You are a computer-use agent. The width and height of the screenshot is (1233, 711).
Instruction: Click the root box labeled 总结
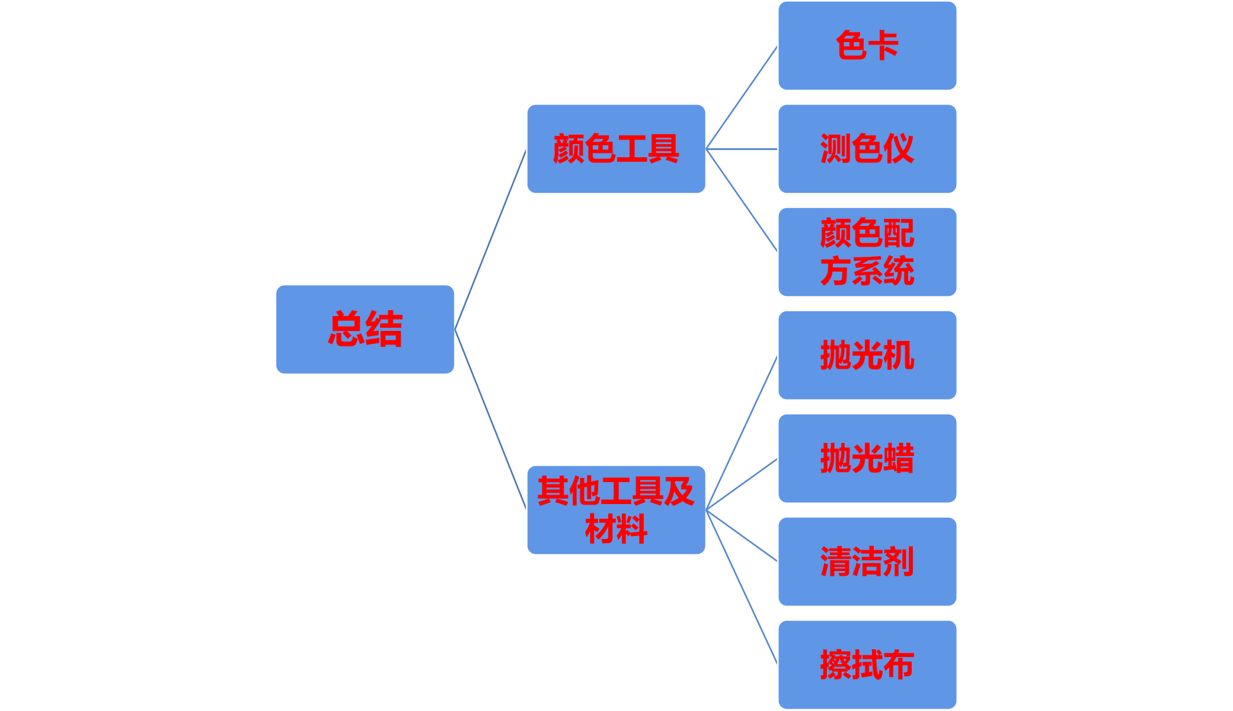coord(365,329)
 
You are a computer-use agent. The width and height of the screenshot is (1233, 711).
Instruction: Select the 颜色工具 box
coord(616,149)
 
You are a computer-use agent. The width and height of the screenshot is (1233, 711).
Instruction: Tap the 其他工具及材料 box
coord(616,510)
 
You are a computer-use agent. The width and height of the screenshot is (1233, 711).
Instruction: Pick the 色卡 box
coord(867,46)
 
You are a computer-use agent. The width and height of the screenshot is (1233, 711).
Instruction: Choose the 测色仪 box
coord(867,149)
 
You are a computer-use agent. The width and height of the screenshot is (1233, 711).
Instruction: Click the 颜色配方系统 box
coord(867,252)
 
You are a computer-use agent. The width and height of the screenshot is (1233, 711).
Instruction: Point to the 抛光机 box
coord(867,355)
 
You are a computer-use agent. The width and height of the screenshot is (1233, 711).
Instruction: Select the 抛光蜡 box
coord(867,458)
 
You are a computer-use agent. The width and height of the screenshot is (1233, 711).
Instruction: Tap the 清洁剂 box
coord(867,562)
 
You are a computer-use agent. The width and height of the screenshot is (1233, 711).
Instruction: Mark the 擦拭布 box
coord(867,665)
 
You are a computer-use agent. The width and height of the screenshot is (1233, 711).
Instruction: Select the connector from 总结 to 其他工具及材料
coord(491,420)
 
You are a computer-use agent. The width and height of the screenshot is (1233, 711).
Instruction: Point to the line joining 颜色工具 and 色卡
coord(742,98)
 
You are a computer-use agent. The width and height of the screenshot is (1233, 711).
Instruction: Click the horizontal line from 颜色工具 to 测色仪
coord(742,149)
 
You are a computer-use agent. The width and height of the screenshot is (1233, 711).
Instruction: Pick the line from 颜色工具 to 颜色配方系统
coord(742,200)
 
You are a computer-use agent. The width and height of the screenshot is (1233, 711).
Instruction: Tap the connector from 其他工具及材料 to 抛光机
coord(742,433)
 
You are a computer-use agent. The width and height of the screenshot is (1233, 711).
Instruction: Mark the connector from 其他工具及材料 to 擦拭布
coord(742,586)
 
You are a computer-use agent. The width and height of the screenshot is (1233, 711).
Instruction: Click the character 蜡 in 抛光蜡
coord(899,458)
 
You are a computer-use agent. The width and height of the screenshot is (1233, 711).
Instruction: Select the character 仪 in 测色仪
coord(899,149)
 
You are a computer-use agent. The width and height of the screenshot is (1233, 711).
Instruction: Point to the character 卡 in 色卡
coord(884,46)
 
